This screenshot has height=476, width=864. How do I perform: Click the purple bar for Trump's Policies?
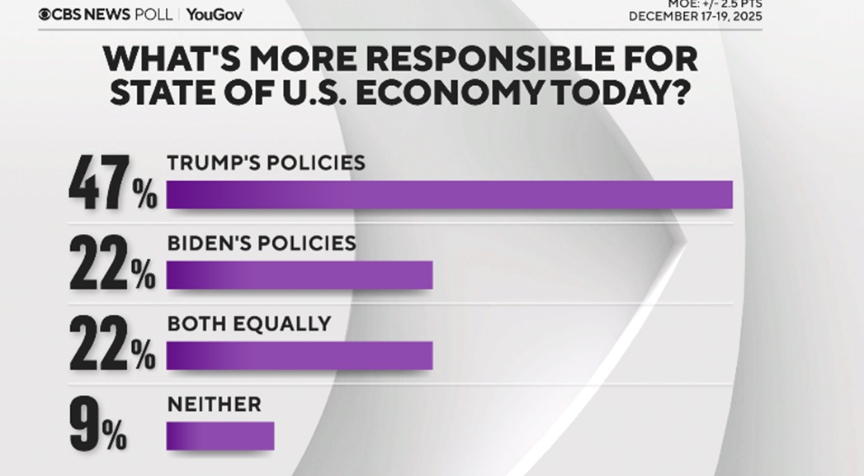450,194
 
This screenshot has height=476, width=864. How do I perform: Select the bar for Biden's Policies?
300,275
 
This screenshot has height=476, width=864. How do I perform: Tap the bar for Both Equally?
300,355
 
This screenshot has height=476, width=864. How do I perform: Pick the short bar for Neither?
220,436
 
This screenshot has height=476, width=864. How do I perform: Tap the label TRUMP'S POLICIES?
266,162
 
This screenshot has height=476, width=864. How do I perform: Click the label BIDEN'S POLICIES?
262,243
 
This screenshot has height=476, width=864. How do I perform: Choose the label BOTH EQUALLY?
249,323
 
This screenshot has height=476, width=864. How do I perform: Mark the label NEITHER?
215,403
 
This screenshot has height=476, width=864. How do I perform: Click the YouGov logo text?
215,15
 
